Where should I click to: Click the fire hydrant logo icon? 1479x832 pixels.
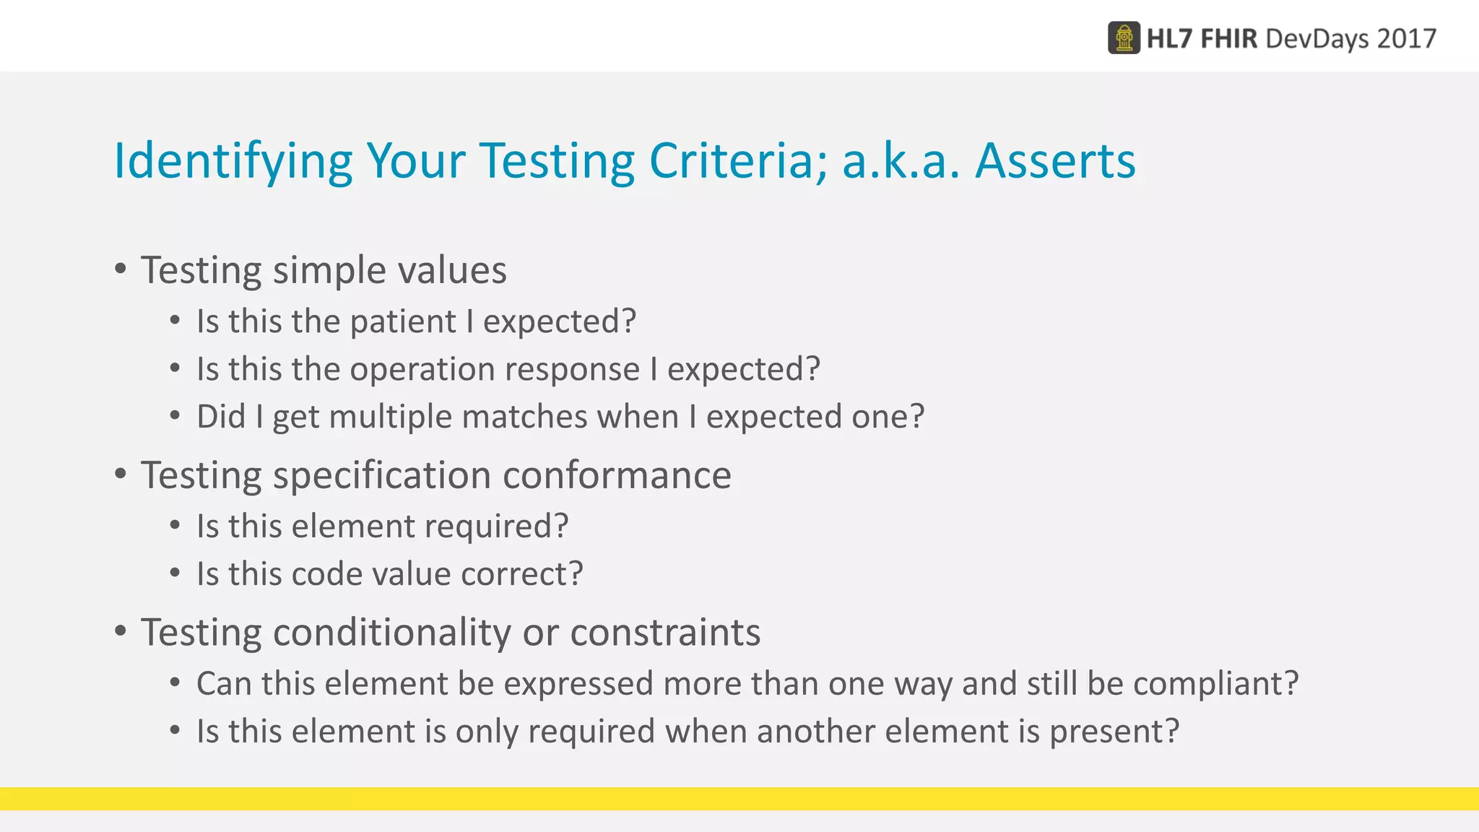tap(1124, 38)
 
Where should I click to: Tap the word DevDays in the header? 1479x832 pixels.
tap(1317, 38)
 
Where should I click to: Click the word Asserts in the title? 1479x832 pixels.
tap(1055, 160)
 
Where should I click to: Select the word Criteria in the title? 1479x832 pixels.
tap(737, 160)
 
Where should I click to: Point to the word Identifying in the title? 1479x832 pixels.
tap(233, 160)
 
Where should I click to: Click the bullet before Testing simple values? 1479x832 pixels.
tap(121, 269)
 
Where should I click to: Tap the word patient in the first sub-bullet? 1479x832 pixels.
tap(403, 322)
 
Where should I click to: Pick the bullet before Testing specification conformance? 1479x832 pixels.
tap(121, 474)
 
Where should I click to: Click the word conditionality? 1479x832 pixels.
tap(392, 633)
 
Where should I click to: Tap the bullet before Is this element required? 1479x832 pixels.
tap(175, 525)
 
